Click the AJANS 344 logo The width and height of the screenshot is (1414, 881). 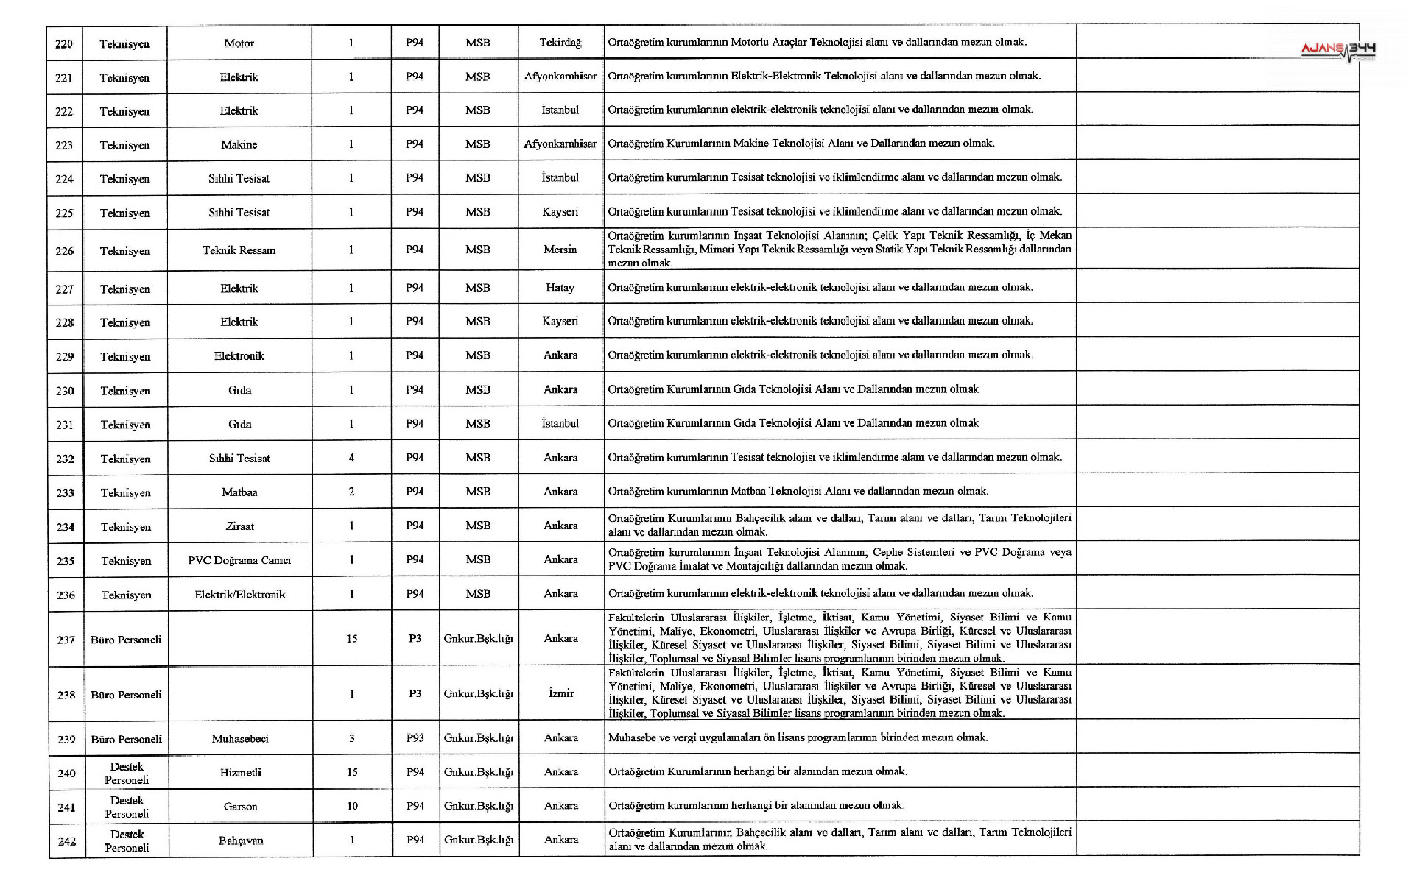pyautogui.click(x=1337, y=50)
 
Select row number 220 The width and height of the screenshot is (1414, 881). pyautogui.click(x=64, y=44)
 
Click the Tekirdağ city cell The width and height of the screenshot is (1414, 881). pyautogui.click(x=560, y=43)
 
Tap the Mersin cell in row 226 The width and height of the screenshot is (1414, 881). pyautogui.click(x=560, y=250)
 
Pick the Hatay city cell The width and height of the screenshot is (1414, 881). pyautogui.click(x=560, y=288)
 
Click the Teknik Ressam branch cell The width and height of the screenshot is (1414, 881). pyautogui.click(x=239, y=250)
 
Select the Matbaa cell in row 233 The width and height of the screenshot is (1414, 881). pyautogui.click(x=239, y=492)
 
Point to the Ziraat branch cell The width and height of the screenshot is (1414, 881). pyautogui.click(x=239, y=526)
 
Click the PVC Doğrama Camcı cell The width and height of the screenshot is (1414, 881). pyautogui.click(x=239, y=560)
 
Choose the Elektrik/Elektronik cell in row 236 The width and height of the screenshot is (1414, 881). pyautogui.click(x=239, y=595)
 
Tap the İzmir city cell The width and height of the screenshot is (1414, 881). pyautogui.click(x=560, y=693)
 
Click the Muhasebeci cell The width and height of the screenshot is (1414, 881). pyautogui.click(x=240, y=739)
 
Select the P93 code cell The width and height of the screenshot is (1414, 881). pyautogui.click(x=415, y=738)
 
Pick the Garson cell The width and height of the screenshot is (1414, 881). pyautogui.click(x=240, y=807)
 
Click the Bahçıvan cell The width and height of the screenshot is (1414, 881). pyautogui.click(x=240, y=841)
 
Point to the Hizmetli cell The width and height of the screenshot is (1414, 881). pyautogui.click(x=240, y=773)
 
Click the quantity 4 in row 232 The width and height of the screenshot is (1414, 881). pyautogui.click(x=351, y=458)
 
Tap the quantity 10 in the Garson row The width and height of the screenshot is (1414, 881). pyautogui.click(x=352, y=806)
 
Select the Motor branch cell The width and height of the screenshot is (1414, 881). pyautogui.click(x=239, y=43)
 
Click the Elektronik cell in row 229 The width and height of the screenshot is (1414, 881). pyautogui.click(x=239, y=356)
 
